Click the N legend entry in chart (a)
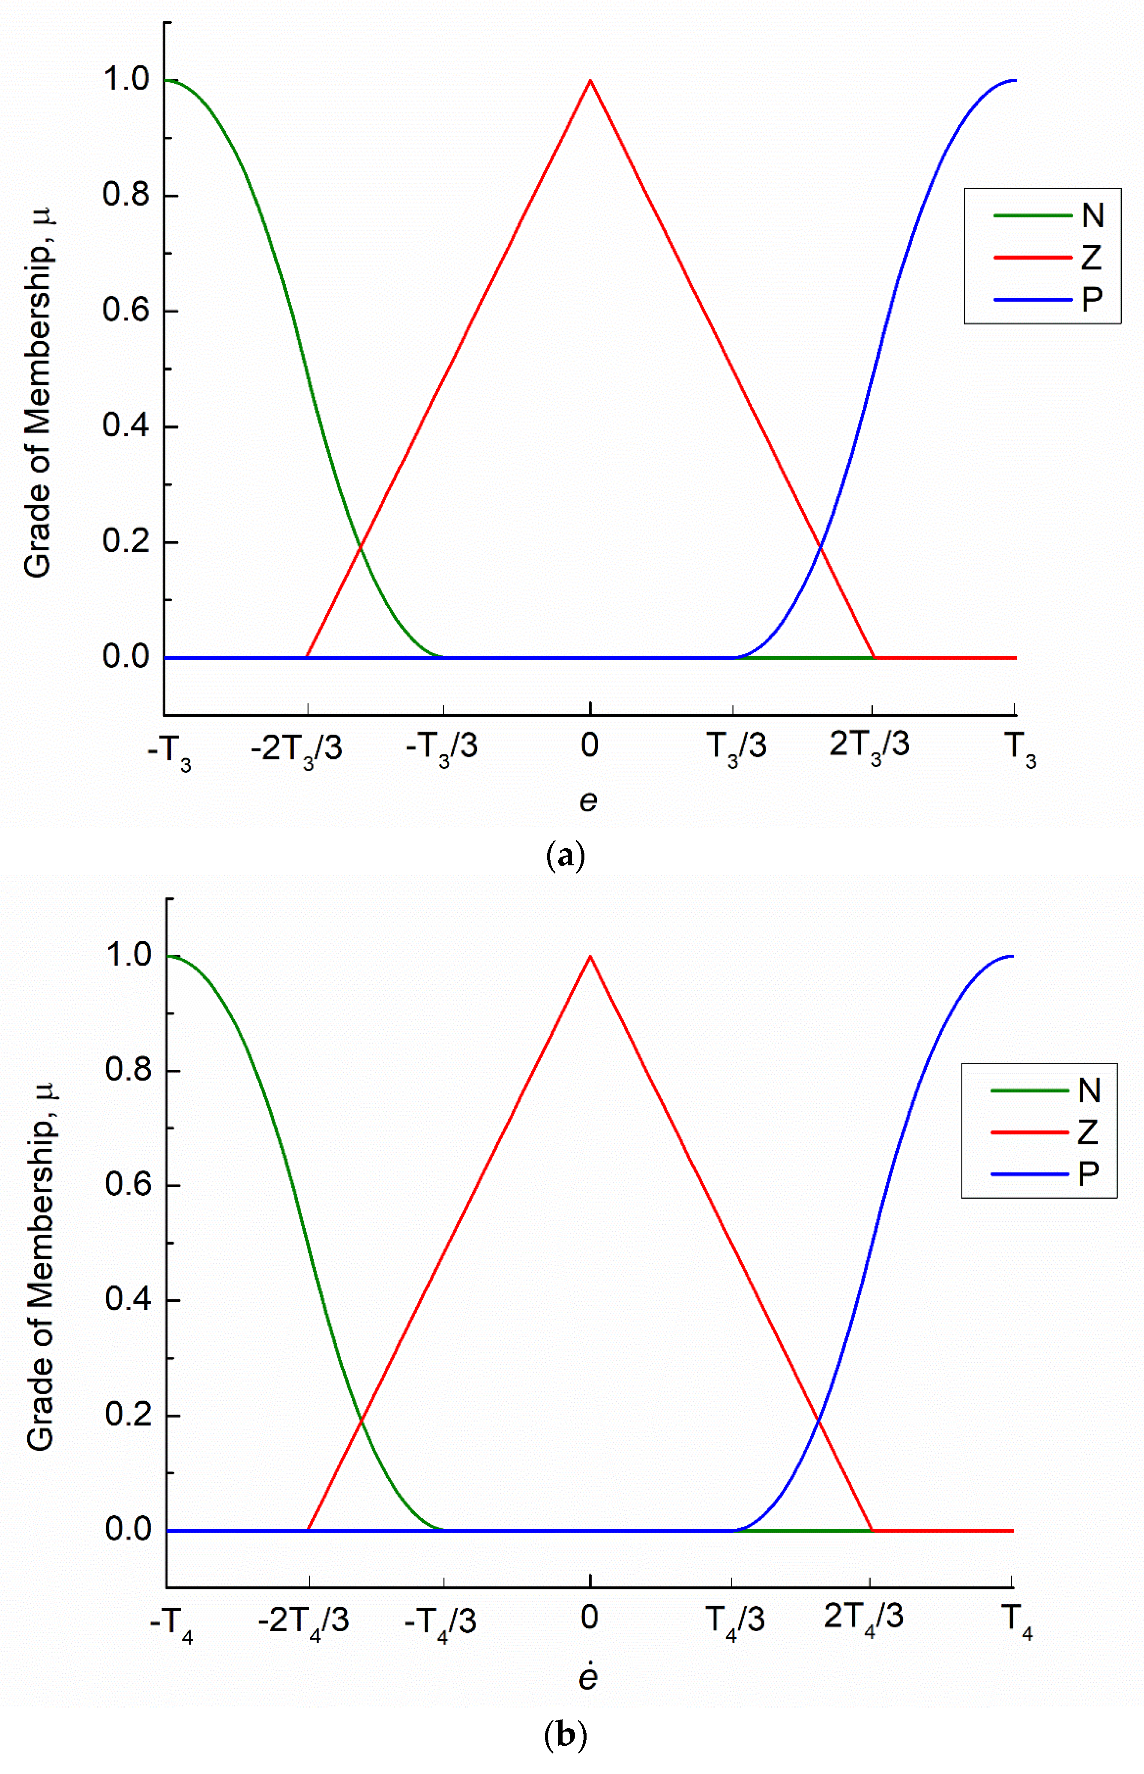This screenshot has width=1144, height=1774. point(1092,216)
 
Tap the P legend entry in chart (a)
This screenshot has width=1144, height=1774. point(1092,299)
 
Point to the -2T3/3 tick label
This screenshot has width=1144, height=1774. point(296,748)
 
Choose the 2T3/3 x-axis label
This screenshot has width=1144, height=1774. point(869,745)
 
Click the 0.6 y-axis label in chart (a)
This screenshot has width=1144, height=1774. point(126,310)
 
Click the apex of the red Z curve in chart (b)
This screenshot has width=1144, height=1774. point(590,956)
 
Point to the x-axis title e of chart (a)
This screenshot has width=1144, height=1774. point(588,801)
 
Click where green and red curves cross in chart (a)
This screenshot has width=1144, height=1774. point(361,547)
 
